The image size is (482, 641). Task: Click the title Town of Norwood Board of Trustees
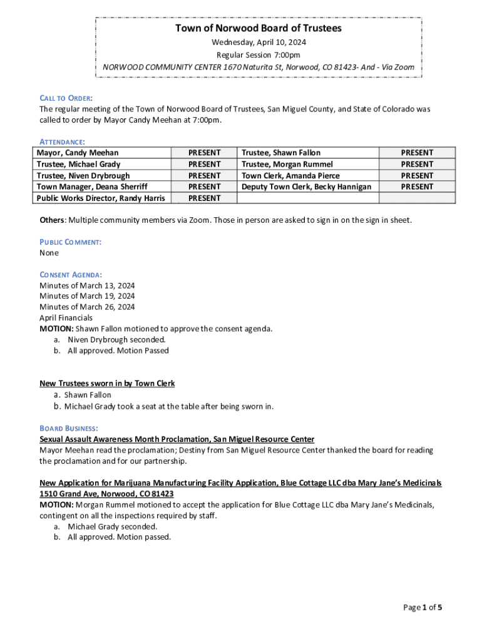click(x=259, y=28)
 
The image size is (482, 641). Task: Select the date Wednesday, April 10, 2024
click(x=259, y=43)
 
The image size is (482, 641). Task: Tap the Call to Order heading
click(x=66, y=98)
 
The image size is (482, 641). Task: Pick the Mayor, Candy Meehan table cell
click(x=78, y=153)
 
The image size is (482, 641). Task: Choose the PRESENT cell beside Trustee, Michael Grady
click(x=204, y=164)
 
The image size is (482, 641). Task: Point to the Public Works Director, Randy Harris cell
click(x=101, y=198)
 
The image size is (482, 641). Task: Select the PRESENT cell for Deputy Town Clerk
click(x=417, y=187)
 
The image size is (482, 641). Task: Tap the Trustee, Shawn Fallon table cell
click(x=281, y=153)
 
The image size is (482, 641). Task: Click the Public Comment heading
click(x=70, y=242)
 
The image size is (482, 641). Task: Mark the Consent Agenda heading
click(x=71, y=275)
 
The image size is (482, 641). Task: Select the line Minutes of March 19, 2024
click(x=87, y=295)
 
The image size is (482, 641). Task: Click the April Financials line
click(x=66, y=318)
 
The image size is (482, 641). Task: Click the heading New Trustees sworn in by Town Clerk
click(x=107, y=383)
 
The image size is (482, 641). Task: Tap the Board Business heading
click(x=68, y=428)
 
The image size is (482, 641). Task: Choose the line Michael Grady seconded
click(x=113, y=526)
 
